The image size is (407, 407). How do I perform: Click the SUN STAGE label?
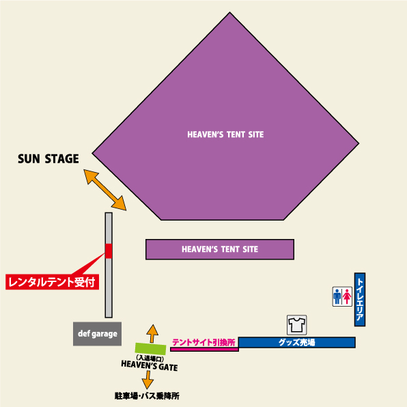48,158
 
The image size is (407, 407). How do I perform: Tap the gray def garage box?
97,334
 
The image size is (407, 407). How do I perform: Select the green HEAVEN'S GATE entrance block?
150,348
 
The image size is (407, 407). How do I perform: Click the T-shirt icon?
296,325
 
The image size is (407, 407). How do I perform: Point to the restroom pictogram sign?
342,296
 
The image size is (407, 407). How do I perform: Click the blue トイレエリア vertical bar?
360,299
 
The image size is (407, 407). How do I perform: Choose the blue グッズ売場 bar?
296,342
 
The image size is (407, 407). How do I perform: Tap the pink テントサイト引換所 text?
203,342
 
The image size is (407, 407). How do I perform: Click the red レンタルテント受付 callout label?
52,282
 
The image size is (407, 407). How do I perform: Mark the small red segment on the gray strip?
109,251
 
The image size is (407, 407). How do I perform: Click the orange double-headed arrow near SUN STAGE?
105,190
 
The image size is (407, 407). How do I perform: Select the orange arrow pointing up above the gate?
152,334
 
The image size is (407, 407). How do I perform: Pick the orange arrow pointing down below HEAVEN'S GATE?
148,380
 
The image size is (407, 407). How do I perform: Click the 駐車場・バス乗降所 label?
147,396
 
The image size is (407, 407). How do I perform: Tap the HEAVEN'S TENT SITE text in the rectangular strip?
220,249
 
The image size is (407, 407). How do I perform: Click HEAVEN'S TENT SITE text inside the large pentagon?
225,135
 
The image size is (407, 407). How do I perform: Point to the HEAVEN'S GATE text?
150,366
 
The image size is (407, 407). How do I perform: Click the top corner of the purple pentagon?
229,12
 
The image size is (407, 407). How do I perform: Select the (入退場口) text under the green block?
150,359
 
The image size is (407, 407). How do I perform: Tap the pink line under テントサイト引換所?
204,350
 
